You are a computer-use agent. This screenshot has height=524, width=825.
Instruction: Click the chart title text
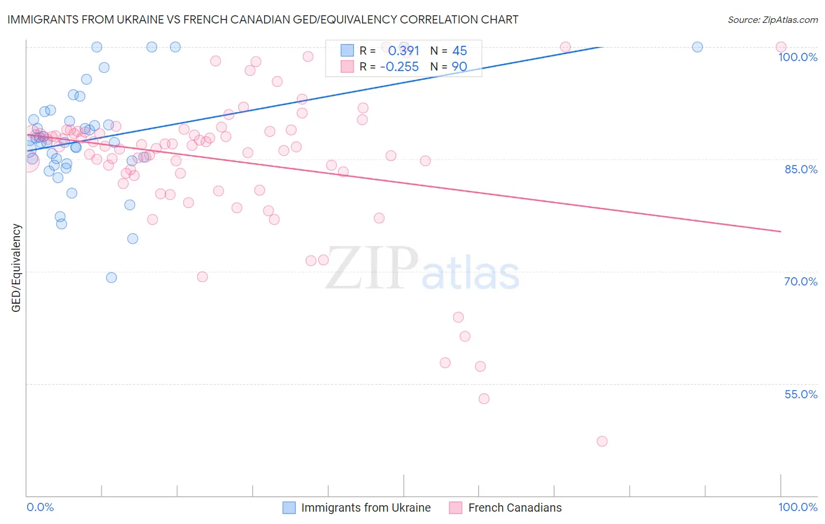click(x=263, y=19)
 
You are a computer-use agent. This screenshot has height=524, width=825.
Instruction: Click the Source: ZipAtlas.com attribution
click(x=772, y=20)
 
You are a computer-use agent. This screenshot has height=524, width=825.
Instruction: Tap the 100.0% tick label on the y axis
click(x=797, y=57)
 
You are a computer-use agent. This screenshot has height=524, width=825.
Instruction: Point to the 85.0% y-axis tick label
click(x=800, y=169)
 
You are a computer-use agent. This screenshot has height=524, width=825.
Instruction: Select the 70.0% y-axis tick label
click(x=800, y=281)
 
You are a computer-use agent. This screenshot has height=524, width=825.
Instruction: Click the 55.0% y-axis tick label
click(x=800, y=394)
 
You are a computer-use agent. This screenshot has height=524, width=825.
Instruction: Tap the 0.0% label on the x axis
click(x=40, y=507)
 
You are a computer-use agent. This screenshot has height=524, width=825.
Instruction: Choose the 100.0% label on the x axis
click(x=797, y=507)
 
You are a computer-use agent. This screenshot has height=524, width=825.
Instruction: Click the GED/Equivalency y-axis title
click(x=16, y=268)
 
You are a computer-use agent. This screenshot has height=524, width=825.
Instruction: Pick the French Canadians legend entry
click(x=515, y=508)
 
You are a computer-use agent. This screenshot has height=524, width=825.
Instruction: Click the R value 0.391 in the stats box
click(x=404, y=51)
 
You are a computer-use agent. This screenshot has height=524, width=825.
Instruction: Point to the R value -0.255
click(x=400, y=67)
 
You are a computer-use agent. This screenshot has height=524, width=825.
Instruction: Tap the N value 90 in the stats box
click(x=459, y=67)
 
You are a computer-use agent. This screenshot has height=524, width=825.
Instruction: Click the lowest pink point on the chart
click(x=601, y=441)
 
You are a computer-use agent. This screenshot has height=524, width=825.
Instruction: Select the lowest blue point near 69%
click(x=111, y=277)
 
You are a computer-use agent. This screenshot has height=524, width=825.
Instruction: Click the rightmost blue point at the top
click(x=697, y=47)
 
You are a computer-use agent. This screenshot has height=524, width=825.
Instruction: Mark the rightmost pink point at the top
click(x=780, y=47)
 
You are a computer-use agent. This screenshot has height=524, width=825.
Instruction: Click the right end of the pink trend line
click(x=780, y=231)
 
